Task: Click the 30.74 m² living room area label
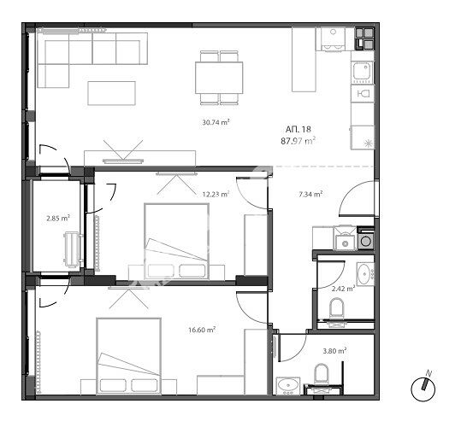click(x=216, y=122)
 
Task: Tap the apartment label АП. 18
click(x=298, y=129)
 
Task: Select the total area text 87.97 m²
click(x=298, y=141)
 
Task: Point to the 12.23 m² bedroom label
click(x=216, y=194)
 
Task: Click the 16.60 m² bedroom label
click(x=202, y=330)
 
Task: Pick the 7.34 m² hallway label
click(x=310, y=194)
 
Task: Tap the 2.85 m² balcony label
click(x=58, y=218)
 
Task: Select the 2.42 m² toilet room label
click(x=343, y=289)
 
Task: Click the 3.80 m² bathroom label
click(x=334, y=351)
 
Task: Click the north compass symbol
click(x=423, y=388)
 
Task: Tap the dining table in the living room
click(x=219, y=78)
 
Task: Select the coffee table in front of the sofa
click(x=111, y=93)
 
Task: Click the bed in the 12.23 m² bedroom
click(x=176, y=241)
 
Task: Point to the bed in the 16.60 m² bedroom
click(x=129, y=355)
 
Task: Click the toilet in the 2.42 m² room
click(x=336, y=307)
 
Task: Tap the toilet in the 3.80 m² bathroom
click(x=321, y=373)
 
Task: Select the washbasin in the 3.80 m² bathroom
click(x=288, y=385)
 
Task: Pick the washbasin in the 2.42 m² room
click(x=365, y=274)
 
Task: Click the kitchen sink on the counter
click(x=363, y=73)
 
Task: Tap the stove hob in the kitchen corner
click(x=364, y=38)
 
